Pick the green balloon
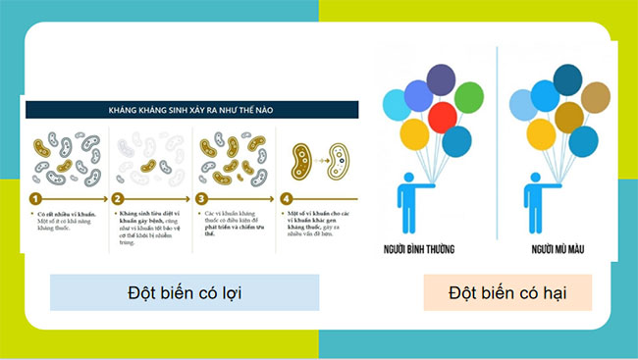(x=469, y=96)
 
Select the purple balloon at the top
(x=440, y=79)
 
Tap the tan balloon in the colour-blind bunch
(x=595, y=97)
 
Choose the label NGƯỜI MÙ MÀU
(x=556, y=250)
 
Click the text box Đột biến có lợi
(x=185, y=292)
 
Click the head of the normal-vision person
(x=403, y=179)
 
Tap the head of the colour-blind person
(x=534, y=179)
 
